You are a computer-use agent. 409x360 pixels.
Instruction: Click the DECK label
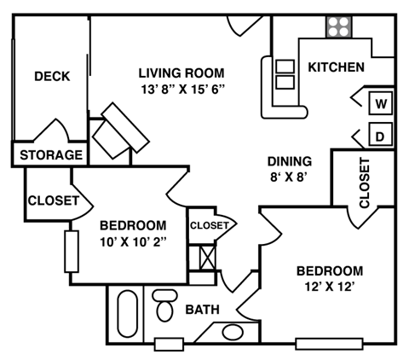point(51,76)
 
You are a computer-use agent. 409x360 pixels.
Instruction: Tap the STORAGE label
point(51,155)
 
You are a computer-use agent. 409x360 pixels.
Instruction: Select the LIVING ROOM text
point(181,72)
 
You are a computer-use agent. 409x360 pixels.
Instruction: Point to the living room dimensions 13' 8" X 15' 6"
point(181,88)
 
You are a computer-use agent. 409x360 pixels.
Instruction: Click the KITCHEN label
point(336,67)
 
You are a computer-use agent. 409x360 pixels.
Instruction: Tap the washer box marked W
point(381,104)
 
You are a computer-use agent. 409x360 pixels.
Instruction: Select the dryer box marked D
point(381,135)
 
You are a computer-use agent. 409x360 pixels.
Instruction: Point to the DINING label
point(289,161)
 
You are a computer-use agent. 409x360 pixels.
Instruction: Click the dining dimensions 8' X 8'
point(289,177)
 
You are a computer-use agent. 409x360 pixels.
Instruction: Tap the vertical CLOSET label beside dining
point(364,183)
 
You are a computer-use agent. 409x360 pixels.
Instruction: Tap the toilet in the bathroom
point(164,304)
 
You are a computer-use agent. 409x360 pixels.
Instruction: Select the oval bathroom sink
point(232,333)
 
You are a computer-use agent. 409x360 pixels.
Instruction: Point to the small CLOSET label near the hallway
point(210,225)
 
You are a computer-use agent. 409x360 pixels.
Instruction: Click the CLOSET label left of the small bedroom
point(53,201)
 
